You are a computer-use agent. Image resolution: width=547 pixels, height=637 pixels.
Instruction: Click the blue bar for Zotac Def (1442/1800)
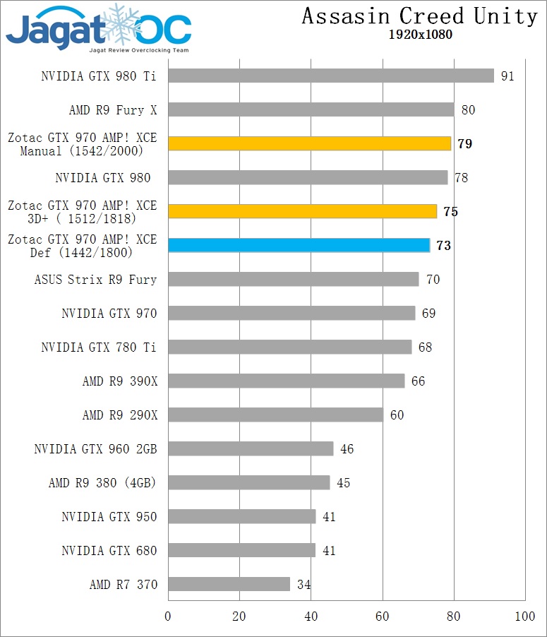[x=299, y=245]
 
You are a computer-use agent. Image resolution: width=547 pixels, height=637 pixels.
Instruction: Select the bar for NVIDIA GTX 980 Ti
[x=331, y=76]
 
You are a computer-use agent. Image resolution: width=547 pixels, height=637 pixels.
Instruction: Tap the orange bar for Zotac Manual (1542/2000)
[x=310, y=143]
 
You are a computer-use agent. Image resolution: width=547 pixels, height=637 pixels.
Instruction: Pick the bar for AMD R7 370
[x=229, y=584]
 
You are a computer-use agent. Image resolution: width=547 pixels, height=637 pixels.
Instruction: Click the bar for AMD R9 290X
[x=276, y=415]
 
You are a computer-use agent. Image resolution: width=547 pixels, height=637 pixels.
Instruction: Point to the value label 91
[x=507, y=76]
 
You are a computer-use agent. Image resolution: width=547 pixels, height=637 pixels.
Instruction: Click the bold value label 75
[x=450, y=212]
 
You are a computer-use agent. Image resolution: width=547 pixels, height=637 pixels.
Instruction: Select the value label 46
[x=347, y=449]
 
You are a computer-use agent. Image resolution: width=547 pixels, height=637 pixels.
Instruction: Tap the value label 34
[x=303, y=585]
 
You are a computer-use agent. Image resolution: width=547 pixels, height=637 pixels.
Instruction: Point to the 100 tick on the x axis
[x=525, y=617]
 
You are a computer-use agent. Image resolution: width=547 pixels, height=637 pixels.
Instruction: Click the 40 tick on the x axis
[x=311, y=617]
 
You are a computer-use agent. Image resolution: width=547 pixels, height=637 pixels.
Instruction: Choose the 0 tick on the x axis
[x=168, y=617]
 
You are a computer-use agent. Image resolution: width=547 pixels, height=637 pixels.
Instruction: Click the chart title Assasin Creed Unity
[x=420, y=16]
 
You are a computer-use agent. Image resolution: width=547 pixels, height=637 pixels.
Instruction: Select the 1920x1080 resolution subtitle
[x=420, y=35]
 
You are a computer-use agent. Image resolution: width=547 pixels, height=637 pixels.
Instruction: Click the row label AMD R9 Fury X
[x=112, y=110]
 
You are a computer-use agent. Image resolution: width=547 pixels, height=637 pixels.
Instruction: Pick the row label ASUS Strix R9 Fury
[x=96, y=280]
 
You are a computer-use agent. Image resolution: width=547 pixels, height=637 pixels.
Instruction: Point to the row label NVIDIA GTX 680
[x=109, y=551]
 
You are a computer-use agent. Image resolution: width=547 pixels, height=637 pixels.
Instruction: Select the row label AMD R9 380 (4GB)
[x=102, y=483]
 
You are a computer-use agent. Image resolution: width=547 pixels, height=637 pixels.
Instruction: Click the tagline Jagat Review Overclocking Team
[x=138, y=51]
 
